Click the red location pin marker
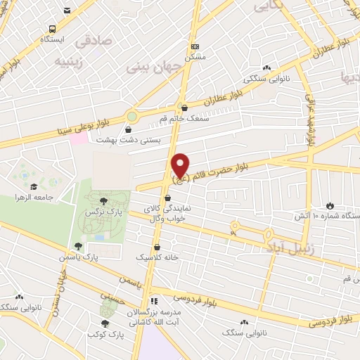click(x=181, y=165)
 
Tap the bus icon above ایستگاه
click(x=52, y=29)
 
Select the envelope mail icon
click(x=67, y=11)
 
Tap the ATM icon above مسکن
click(x=195, y=45)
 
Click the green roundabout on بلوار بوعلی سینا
click(x=131, y=115)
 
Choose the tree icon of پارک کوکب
click(x=105, y=323)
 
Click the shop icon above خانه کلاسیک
click(x=156, y=247)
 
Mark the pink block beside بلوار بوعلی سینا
click(x=79, y=136)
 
